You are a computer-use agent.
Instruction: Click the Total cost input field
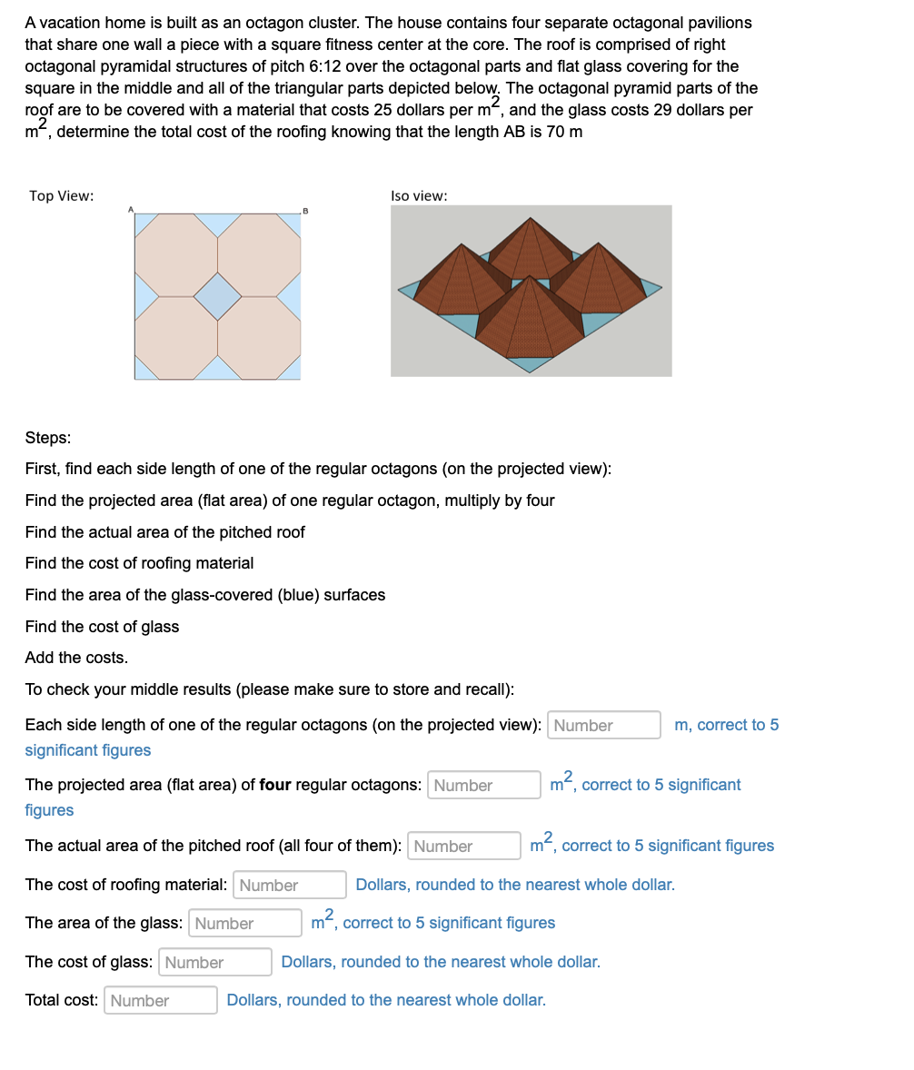pos(160,1000)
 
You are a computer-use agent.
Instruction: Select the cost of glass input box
pos(214,962)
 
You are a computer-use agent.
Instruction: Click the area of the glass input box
pos(244,923)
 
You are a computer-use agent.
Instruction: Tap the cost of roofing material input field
pos(289,885)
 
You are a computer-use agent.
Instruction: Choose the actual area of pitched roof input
pos(463,846)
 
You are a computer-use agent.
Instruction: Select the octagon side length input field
pos(603,725)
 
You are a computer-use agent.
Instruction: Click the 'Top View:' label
pos(61,196)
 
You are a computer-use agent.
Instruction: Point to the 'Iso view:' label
pos(418,196)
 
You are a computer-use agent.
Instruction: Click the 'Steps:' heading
pos(47,438)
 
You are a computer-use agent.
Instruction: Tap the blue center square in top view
pos(217,296)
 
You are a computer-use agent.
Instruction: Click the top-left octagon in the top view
pos(176,254)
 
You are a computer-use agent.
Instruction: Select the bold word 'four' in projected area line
pos(275,785)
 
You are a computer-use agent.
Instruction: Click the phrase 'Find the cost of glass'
pos(102,627)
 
